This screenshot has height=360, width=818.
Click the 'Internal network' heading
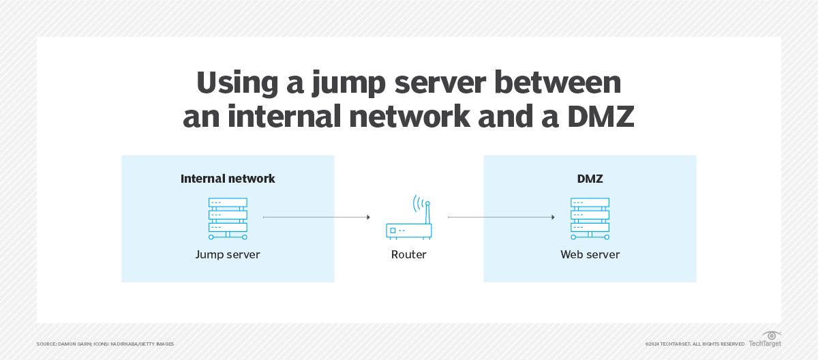(228, 179)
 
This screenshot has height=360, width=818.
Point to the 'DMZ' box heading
(590, 179)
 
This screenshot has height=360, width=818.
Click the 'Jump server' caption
(228, 255)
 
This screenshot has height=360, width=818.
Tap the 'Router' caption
(408, 255)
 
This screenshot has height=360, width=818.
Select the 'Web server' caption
(590, 255)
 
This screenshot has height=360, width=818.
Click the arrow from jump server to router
(316, 217)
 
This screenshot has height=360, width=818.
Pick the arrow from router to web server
(500, 217)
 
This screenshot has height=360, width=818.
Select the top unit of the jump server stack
(228, 202)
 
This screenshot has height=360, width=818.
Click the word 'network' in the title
(410, 117)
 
